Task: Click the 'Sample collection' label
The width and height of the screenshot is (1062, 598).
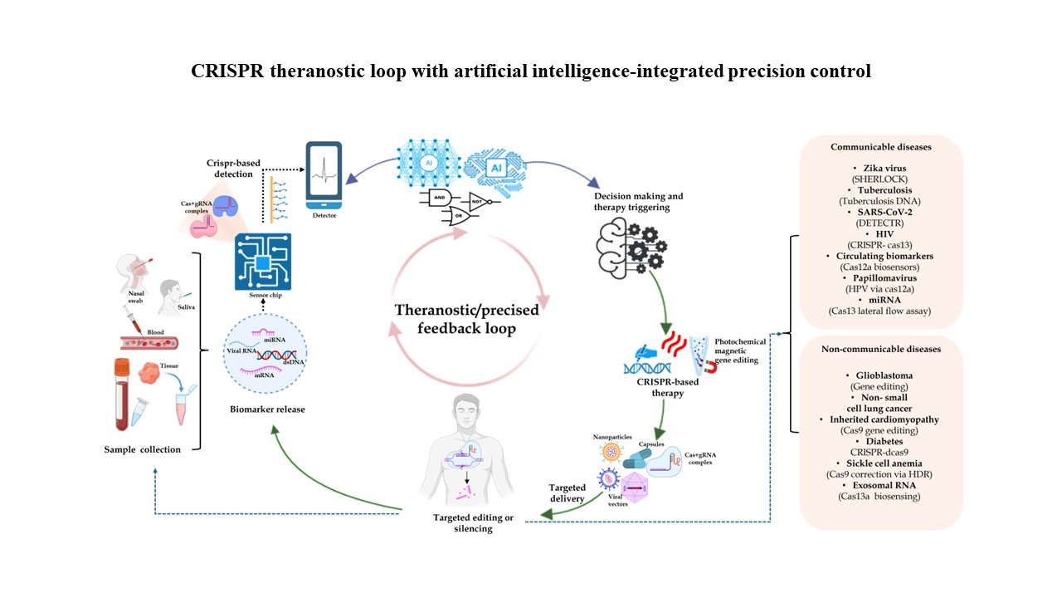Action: click(142, 449)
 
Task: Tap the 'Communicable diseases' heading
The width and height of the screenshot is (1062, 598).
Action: click(881, 146)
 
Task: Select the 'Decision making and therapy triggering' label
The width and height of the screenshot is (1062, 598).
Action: click(640, 202)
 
